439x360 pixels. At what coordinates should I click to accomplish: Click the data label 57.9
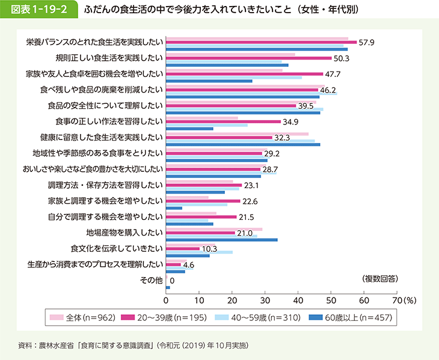tap(367, 43)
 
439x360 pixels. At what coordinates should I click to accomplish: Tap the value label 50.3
tap(342, 58)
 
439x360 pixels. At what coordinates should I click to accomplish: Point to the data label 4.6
tap(188, 265)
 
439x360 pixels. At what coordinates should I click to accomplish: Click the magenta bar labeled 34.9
tap(223, 121)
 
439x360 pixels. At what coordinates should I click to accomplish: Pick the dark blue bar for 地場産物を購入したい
tap(221, 239)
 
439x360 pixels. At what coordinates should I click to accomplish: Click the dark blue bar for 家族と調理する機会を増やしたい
tap(174, 208)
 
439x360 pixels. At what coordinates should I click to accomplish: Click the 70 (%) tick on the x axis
tap(402, 299)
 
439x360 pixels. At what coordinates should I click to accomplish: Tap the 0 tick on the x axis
tap(165, 299)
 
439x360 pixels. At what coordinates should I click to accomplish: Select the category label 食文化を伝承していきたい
tap(117, 248)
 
